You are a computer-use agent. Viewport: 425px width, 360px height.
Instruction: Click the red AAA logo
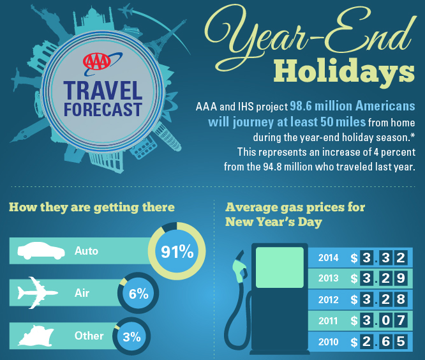pos(97,61)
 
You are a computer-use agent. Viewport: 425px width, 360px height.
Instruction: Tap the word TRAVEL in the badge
pos(103,91)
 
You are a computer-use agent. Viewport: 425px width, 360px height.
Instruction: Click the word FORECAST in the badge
pos(103,110)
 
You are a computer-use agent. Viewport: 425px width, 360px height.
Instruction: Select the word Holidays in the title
pos(344,71)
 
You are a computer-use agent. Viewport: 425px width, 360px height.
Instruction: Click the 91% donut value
pos(177,251)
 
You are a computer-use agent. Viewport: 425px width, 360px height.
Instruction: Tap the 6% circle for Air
pos(138,294)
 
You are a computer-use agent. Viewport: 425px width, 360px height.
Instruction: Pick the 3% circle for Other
pos(131,336)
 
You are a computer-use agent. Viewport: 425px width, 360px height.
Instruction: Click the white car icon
pos(41,251)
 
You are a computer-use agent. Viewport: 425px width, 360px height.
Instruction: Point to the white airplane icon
pos(37,293)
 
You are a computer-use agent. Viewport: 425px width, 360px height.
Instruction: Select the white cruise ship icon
pos(36,336)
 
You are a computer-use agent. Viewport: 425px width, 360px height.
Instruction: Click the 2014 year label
pos(328,257)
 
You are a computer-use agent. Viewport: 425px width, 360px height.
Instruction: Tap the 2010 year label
pos(328,342)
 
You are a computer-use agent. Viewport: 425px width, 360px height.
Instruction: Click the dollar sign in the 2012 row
pos(354,300)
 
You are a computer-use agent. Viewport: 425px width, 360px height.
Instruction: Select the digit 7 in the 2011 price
pos(401,320)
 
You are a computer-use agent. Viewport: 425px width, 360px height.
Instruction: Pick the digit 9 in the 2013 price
pos(401,278)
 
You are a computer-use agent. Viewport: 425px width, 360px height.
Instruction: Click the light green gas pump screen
pos(280,267)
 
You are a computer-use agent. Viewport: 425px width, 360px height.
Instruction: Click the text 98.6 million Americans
pos(352,106)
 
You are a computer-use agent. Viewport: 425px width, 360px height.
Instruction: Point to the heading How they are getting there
pos(92,207)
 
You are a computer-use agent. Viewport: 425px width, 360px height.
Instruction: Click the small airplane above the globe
pos(126,11)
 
